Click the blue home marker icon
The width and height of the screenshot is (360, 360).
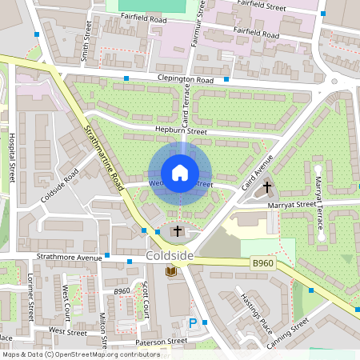[180, 173]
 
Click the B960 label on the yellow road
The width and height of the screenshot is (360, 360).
[263, 262]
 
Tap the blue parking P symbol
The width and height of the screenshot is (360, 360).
[192, 323]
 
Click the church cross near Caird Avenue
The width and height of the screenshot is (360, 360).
[267, 188]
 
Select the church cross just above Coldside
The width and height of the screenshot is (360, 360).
[178, 231]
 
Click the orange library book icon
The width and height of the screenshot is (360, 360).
[170, 272]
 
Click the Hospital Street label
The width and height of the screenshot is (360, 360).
[12, 156]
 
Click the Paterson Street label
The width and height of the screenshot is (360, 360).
[161, 340]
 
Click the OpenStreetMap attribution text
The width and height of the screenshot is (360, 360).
[70, 354]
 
